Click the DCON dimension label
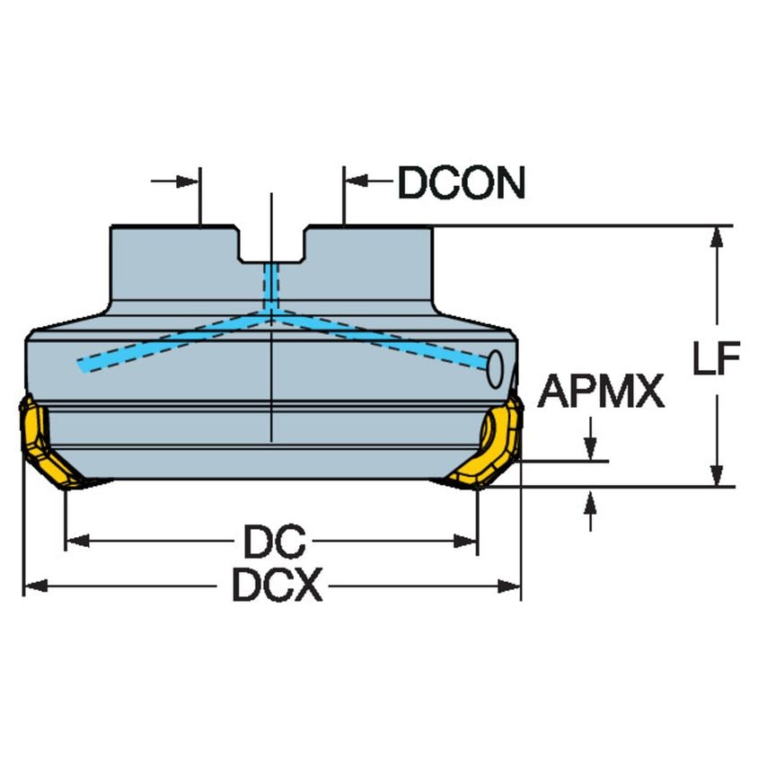(x=462, y=182)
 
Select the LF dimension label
(x=717, y=358)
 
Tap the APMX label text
(x=601, y=391)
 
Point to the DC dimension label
(x=274, y=541)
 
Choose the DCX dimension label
(x=277, y=585)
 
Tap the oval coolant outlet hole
(x=495, y=369)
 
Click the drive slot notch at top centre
(x=272, y=244)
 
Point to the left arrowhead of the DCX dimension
(x=36, y=586)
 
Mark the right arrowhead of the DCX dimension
(x=509, y=586)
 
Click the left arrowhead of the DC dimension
(x=77, y=541)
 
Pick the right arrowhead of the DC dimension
(x=465, y=541)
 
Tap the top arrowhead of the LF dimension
(x=717, y=238)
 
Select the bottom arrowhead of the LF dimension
(x=717, y=475)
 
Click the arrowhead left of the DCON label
(x=357, y=181)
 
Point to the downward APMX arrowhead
(x=590, y=449)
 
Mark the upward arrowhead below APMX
(x=590, y=499)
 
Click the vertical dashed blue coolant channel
(x=270, y=287)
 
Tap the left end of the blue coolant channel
(x=80, y=365)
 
